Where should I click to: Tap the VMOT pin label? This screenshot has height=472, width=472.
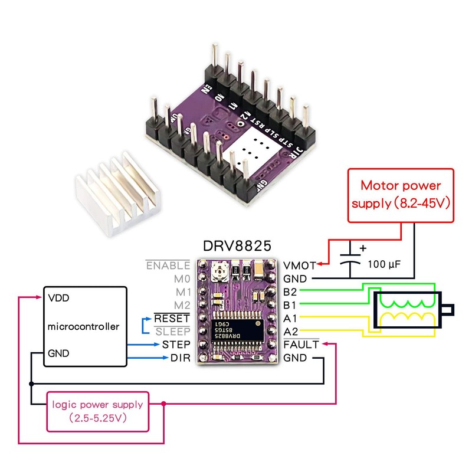point(300,265)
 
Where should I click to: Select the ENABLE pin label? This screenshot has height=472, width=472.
point(168,265)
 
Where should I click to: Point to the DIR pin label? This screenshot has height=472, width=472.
point(181,358)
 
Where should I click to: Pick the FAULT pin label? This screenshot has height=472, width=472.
point(301,344)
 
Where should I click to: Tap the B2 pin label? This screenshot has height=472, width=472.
point(290,291)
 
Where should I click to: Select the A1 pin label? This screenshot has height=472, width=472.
point(290,318)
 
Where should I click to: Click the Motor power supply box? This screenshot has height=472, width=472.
point(400,195)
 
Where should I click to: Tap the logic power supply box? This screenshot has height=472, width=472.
point(97,411)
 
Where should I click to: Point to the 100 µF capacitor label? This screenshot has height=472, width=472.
point(384,264)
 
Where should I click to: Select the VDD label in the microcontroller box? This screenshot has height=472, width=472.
point(60,298)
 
